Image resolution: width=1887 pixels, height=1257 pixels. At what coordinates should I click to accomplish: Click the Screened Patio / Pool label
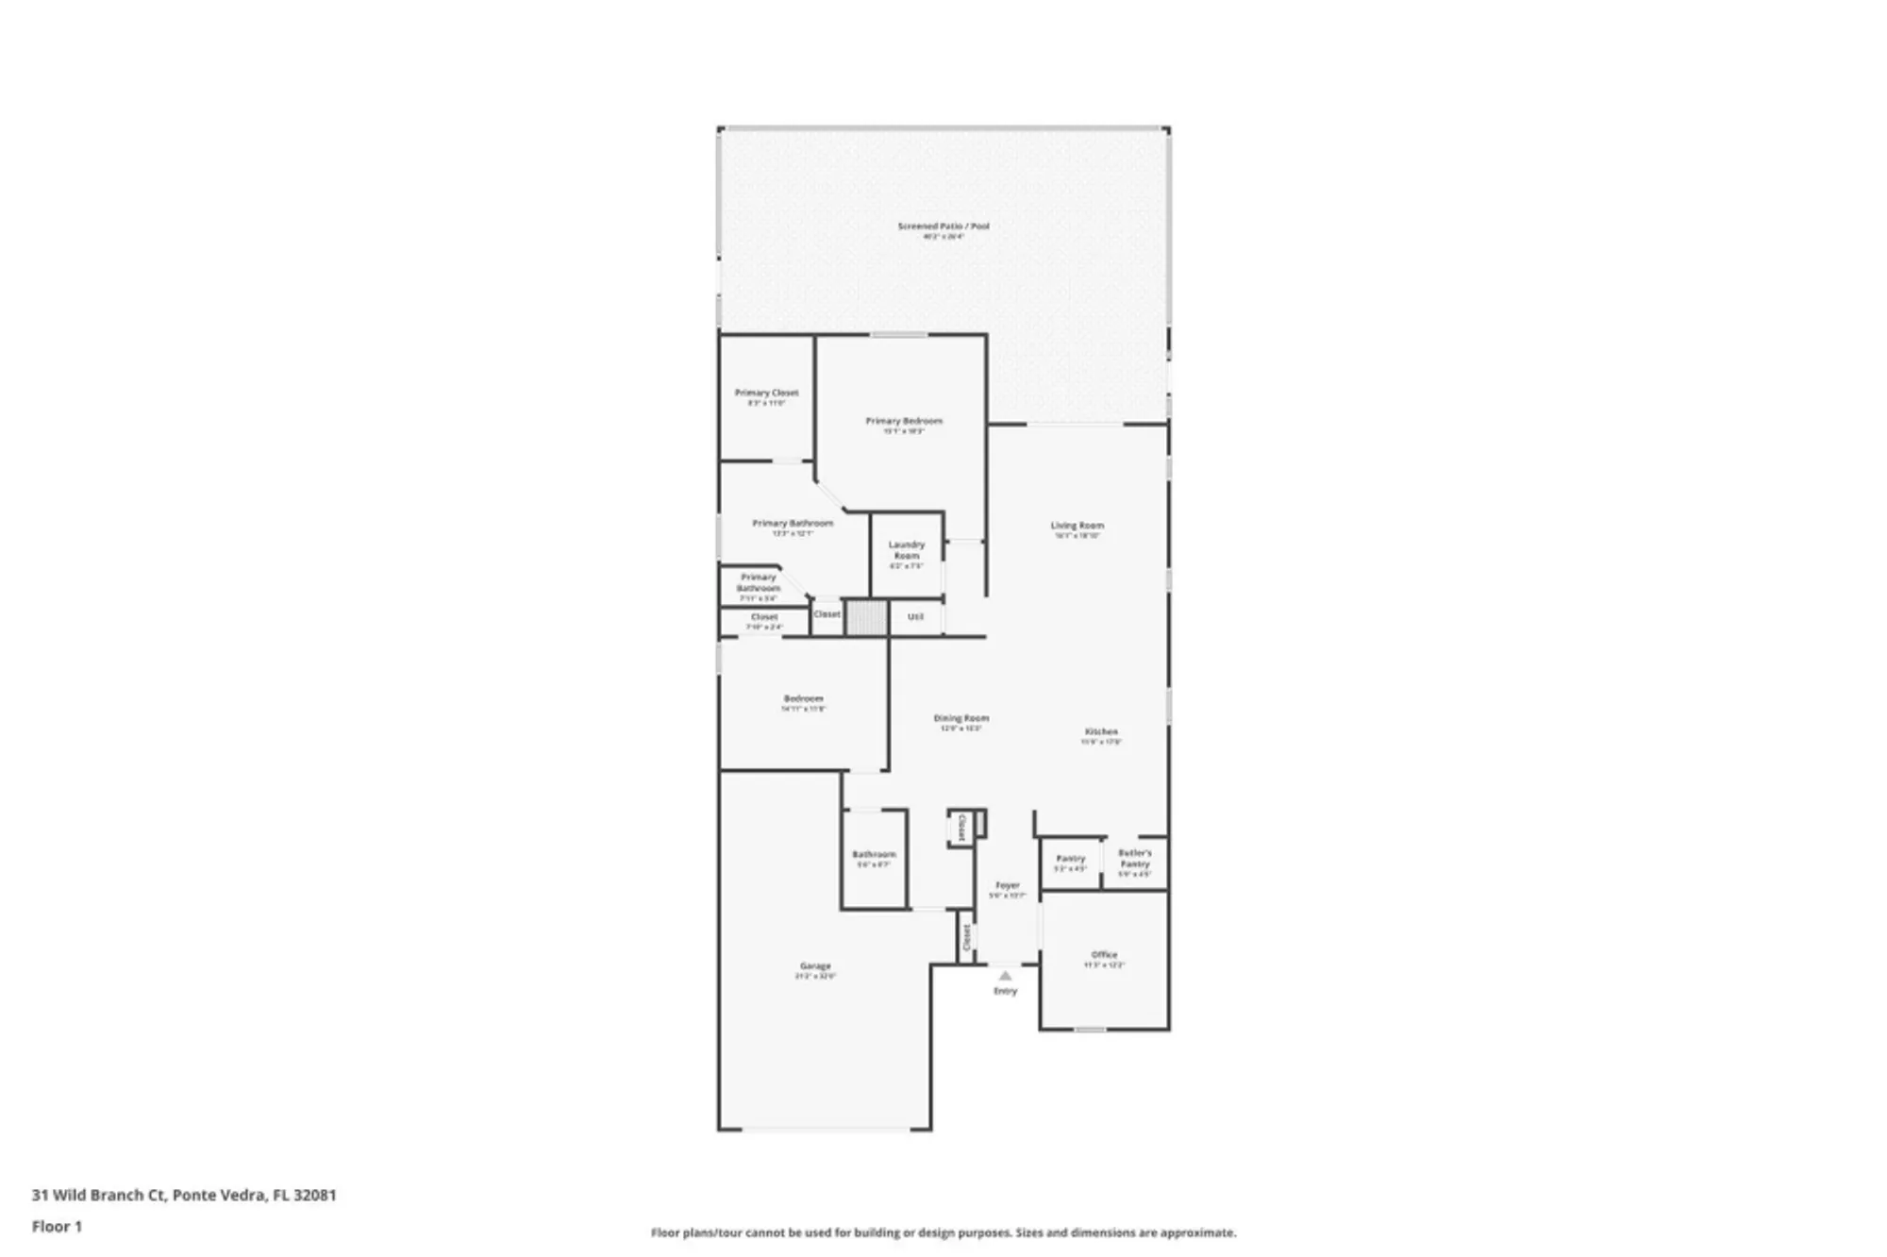(943, 226)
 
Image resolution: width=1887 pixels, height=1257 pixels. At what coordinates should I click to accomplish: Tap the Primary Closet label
(766, 393)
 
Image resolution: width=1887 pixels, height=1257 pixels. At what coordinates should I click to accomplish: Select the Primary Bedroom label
(904, 421)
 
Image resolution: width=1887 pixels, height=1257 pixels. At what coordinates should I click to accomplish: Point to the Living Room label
(1077, 526)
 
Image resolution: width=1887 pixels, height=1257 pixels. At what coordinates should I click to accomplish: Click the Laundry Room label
(907, 550)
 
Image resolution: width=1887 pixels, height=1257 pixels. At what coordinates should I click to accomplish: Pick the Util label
(915, 617)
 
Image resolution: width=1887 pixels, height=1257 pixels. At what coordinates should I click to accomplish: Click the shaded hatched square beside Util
(866, 618)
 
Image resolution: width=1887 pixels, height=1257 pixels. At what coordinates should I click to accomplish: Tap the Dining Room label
(960, 718)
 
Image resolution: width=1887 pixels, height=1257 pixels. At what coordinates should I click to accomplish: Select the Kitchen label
(1101, 731)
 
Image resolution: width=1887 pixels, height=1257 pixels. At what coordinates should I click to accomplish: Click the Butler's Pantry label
(1135, 858)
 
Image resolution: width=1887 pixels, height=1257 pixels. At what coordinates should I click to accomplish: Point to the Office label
(1104, 955)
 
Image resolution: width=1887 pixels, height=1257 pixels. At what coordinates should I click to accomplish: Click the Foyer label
(1008, 885)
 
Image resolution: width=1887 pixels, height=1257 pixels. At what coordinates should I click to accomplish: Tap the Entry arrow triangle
(1005, 976)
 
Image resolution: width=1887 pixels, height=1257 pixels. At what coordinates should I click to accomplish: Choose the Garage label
(815, 966)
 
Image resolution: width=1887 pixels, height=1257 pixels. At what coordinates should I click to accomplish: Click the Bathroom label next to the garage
(874, 854)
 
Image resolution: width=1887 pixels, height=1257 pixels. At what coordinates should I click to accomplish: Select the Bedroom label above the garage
(803, 698)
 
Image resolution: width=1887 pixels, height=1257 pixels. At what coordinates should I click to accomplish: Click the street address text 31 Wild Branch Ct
(99, 1195)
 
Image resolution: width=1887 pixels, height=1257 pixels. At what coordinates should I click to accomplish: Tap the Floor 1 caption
(57, 1226)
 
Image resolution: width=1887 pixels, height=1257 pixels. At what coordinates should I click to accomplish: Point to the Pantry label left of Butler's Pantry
(1070, 859)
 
